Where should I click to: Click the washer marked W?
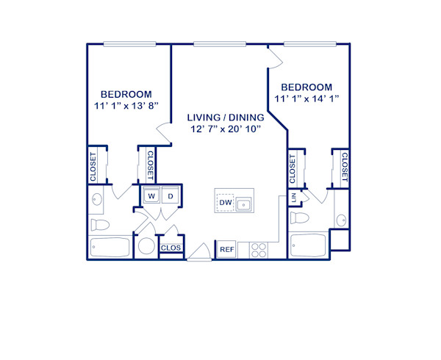coord(151,196)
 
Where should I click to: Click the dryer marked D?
coord(169,196)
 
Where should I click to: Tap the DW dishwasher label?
coord(226,202)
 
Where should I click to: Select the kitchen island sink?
coord(245,203)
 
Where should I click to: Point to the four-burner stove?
coord(259,250)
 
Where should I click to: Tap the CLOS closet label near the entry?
coord(171,248)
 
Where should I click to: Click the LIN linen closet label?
coord(294,198)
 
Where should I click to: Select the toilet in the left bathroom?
coord(98,224)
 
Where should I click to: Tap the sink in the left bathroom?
coord(96,198)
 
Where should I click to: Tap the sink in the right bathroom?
coord(340,220)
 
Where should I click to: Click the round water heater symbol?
coord(146,248)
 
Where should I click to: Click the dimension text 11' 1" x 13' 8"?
coord(126,106)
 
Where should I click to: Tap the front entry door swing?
coord(198,254)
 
